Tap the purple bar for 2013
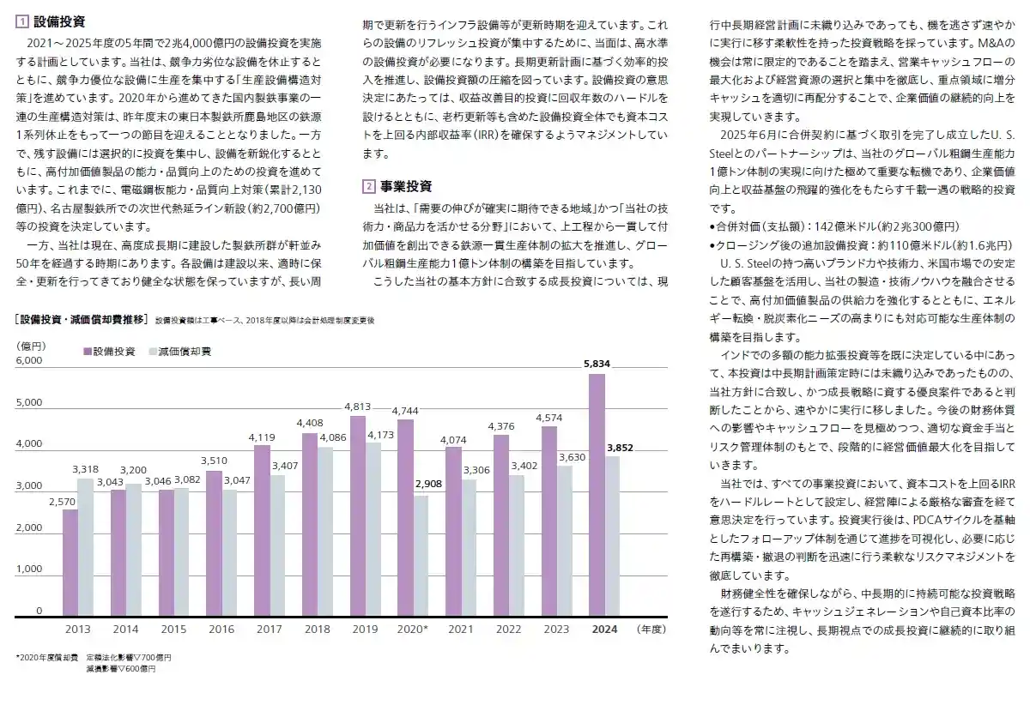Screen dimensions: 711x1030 [70, 563]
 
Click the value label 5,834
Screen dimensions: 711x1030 [597, 365]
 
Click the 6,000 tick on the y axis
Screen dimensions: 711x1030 [29, 361]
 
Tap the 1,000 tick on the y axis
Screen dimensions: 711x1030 [29, 569]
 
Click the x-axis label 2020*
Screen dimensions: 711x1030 [413, 630]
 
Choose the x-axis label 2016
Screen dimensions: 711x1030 [221, 630]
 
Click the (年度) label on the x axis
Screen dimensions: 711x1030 [651, 630]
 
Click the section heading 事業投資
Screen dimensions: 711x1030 [406, 186]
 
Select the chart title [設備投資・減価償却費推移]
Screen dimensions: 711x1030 [82, 320]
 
